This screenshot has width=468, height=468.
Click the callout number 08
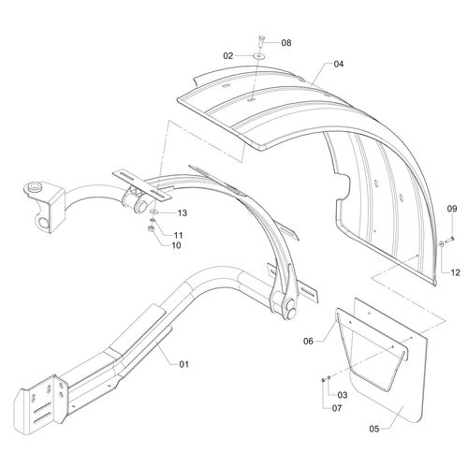point(286,43)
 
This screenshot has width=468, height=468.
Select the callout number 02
point(228,56)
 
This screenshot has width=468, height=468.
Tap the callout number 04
point(339,64)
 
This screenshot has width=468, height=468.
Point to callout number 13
point(183,213)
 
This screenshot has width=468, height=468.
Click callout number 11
point(178,235)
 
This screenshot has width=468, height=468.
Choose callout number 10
point(176,245)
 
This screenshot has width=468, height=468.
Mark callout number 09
point(452,209)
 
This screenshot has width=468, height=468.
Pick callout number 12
point(456,272)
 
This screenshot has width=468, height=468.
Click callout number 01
point(183,364)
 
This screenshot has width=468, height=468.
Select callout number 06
point(308,342)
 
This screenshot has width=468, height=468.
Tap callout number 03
point(343,395)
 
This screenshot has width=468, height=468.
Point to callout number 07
point(337,408)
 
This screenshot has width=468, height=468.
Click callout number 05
point(374,429)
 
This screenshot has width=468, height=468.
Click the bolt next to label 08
point(261,41)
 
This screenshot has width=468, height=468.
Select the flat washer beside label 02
point(258,56)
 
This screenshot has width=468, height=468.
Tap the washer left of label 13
point(154,212)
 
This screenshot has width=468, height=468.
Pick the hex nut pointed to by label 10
point(151,229)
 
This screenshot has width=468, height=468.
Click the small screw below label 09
point(449,240)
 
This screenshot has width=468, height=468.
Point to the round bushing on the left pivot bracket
point(34,187)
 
